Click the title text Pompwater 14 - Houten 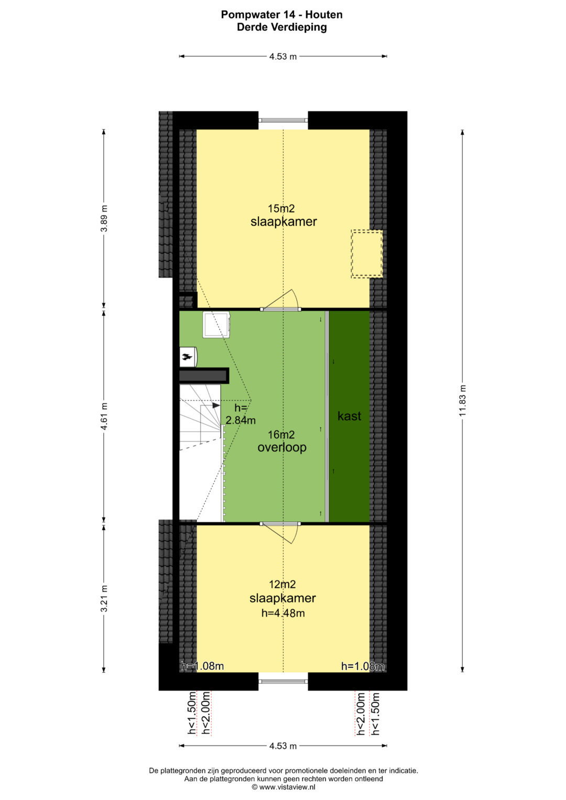[x=281, y=15]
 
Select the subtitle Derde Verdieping [x=281, y=27]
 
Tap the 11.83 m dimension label [x=463, y=400]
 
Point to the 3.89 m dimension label [x=104, y=218]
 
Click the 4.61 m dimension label [x=104, y=417]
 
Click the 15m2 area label [x=281, y=208]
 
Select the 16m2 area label [x=281, y=435]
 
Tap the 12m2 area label [x=282, y=584]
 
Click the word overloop [x=282, y=447]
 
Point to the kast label [x=349, y=415]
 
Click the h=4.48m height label [x=283, y=613]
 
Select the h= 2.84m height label [x=240, y=414]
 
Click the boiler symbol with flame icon [x=188, y=357]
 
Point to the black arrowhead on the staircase [x=216, y=406]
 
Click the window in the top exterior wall [x=283, y=120]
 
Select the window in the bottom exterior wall [x=283, y=682]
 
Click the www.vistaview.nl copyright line [x=284, y=787]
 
